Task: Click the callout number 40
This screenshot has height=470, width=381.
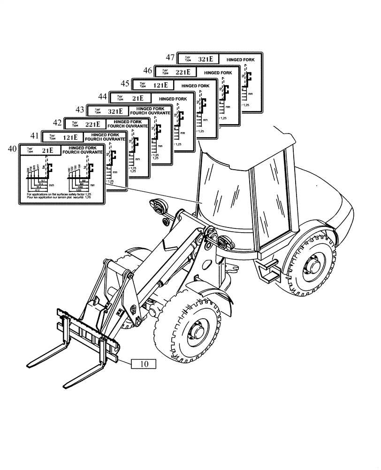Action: tap(12, 149)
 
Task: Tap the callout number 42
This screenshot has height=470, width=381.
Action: tap(57, 123)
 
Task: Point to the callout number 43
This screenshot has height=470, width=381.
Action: tap(80, 110)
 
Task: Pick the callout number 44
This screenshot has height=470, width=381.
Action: tap(103, 96)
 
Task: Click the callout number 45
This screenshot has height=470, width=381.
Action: tap(125, 84)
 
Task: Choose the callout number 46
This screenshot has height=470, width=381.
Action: tap(147, 71)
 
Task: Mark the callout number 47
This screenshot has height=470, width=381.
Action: tap(170, 58)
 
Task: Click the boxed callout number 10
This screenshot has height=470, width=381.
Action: tap(144, 364)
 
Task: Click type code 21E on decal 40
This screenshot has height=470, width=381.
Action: tap(47, 150)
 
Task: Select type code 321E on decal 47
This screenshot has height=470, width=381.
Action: tap(206, 59)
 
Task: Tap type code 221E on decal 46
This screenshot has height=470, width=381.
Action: tap(183, 72)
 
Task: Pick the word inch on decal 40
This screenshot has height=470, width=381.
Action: tap(52, 185)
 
